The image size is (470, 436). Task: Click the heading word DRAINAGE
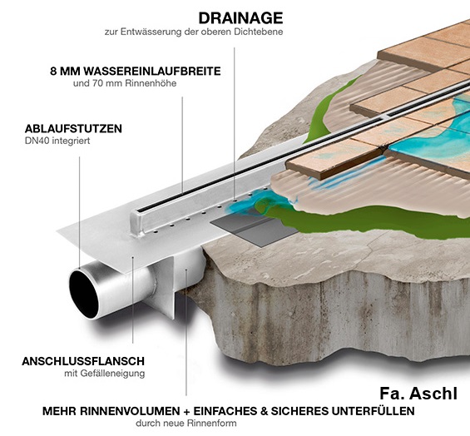point(240,18)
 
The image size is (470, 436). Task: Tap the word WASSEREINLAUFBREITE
point(152,72)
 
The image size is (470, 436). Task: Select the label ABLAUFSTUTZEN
point(73,129)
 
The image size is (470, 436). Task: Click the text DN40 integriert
point(57,141)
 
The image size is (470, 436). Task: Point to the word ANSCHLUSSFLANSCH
point(83,361)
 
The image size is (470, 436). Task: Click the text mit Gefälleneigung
point(105,374)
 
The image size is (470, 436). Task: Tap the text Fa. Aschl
point(418,394)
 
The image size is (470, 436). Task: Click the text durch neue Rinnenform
point(186,424)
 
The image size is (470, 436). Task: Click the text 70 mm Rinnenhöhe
point(134,83)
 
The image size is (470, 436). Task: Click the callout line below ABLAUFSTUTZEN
point(79,211)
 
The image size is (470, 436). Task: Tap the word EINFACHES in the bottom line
point(225,411)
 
